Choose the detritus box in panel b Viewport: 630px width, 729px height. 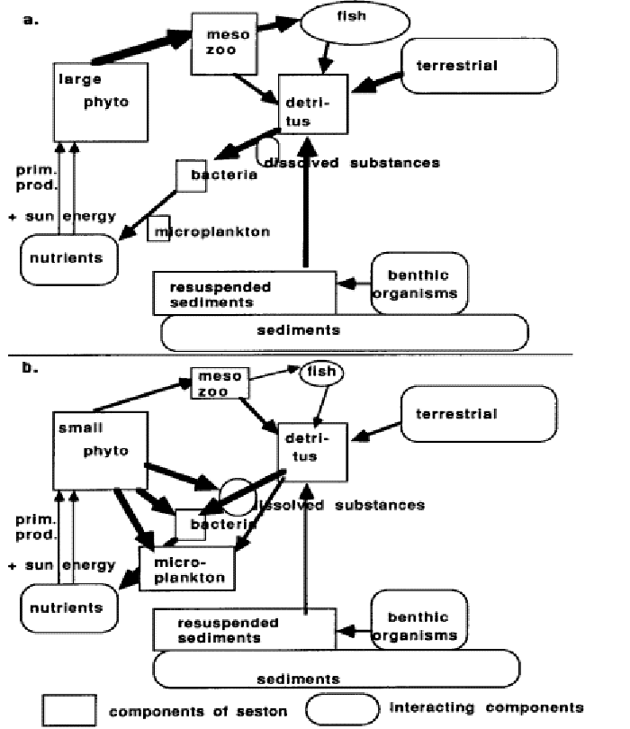(x=310, y=445)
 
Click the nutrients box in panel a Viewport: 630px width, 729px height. (x=69, y=257)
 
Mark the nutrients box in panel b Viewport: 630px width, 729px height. (x=70, y=607)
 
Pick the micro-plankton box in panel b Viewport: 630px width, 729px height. (x=187, y=568)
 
